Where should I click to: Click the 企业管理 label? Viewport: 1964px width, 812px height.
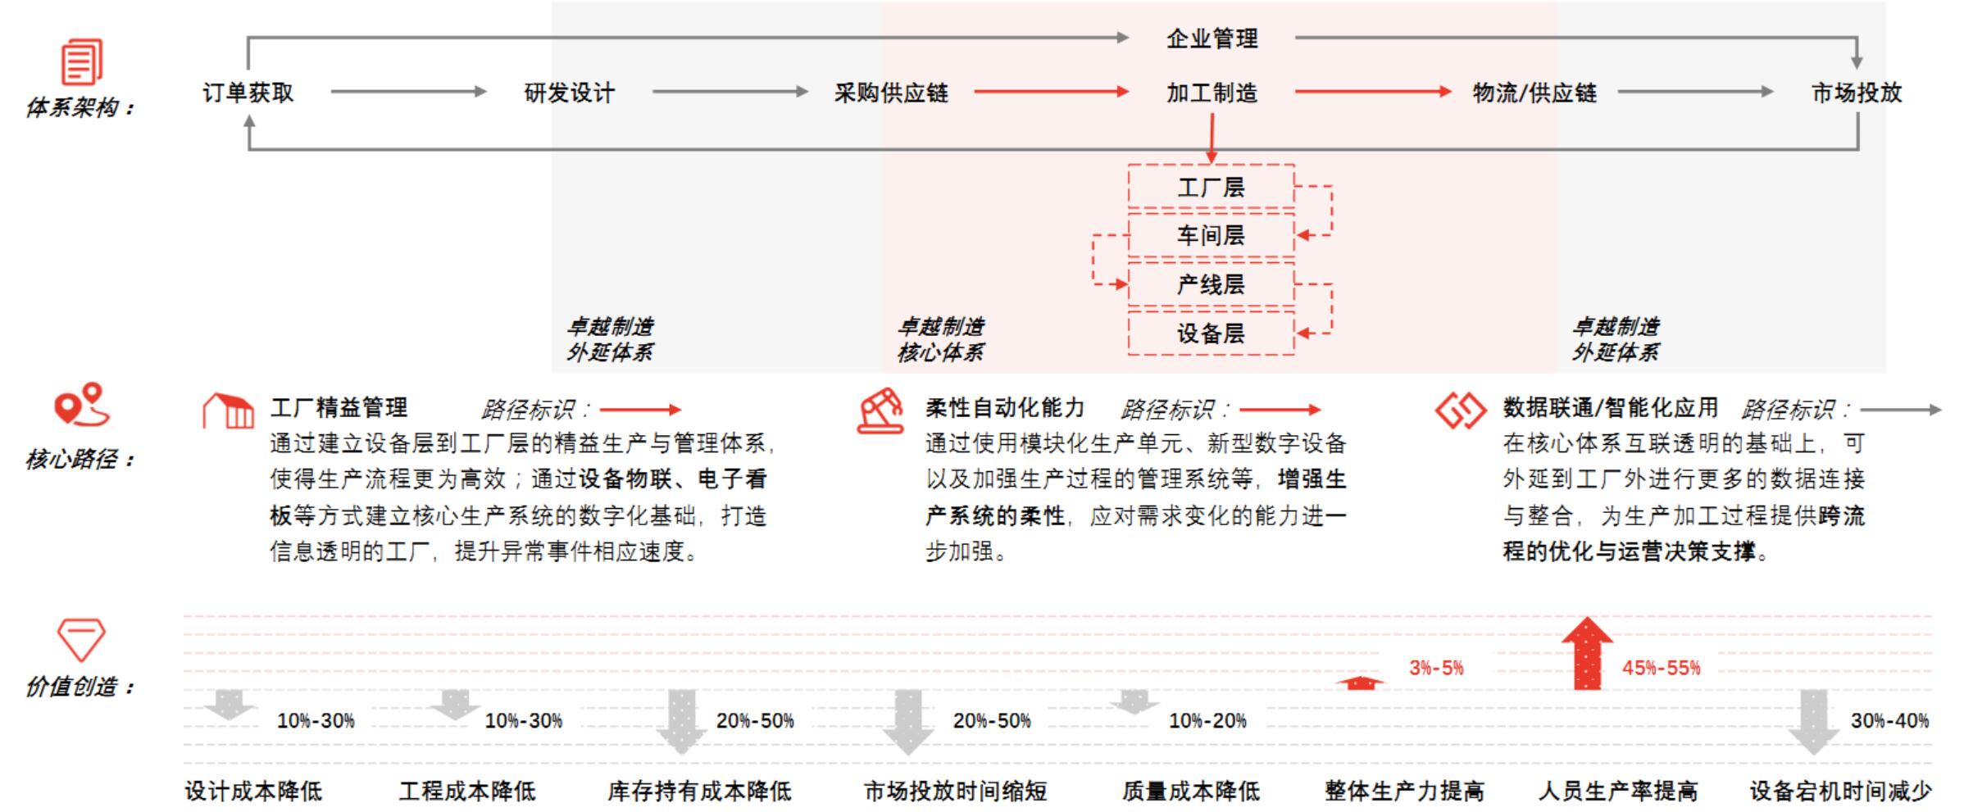pos(1212,39)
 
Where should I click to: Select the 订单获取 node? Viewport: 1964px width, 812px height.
pos(248,93)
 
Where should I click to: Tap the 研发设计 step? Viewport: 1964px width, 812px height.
pos(569,93)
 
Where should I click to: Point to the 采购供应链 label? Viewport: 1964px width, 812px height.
pos(891,93)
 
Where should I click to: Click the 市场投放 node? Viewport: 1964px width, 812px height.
pos(1856,93)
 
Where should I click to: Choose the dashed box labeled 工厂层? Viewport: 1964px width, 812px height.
pos(1211,188)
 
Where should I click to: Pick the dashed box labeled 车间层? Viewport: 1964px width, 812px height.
pos(1211,236)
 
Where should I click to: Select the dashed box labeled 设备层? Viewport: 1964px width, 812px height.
pos(1211,333)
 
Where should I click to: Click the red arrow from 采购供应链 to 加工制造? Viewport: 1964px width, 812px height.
pos(1051,92)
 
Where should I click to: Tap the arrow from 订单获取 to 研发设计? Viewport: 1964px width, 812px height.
pos(408,92)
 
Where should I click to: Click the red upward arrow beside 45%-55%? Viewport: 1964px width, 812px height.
pos(1587,653)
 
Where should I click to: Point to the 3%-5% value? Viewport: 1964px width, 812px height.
pos(1436,668)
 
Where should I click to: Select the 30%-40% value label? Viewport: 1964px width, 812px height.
pos(1889,721)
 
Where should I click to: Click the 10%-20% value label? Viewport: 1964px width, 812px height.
pos(1207,721)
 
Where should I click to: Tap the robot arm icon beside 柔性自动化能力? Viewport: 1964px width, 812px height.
pos(880,411)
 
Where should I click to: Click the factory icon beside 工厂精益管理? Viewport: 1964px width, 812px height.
pos(228,411)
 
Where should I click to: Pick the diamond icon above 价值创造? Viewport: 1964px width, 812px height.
pos(80,639)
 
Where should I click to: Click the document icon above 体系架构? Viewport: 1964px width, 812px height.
pos(82,61)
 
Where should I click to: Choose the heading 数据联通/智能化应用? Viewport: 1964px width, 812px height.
pos(1610,407)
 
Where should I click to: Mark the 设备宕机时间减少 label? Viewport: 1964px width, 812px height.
pos(1840,791)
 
